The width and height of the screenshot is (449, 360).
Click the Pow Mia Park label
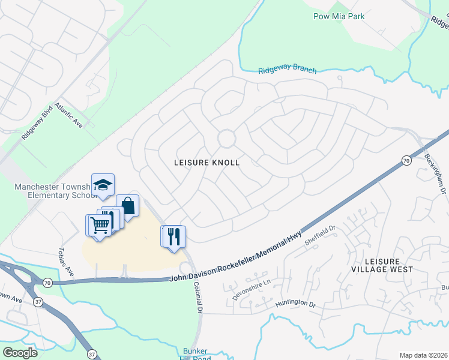pos(339,16)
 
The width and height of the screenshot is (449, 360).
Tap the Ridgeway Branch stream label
pos(287,70)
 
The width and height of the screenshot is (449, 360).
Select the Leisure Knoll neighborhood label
pos(206,163)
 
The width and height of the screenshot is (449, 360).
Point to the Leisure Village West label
pos(388,265)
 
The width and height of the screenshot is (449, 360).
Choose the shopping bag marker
pos(128,206)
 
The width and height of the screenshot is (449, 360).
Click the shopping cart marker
pos(99,225)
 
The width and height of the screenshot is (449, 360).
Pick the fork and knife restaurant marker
pos(174,235)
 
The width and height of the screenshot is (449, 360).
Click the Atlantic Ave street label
pos(68,114)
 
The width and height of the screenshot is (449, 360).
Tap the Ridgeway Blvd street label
pos(34,124)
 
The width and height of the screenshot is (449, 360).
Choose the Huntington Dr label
pos(295,304)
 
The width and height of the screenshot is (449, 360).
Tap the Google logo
pos(20,353)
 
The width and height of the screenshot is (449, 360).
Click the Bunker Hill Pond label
pos(196,353)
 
